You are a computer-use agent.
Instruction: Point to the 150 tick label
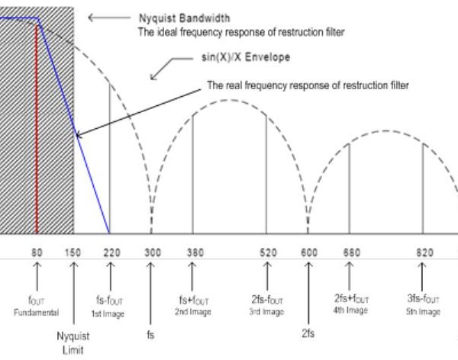tap(73, 252)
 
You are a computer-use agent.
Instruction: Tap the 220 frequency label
tap(110, 252)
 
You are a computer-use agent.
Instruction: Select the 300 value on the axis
tap(152, 252)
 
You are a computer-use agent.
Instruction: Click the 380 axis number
tap(193, 252)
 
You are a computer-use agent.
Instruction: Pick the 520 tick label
tap(267, 252)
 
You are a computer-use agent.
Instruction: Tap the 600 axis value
tap(309, 252)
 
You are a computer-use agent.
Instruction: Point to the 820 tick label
tap(424, 252)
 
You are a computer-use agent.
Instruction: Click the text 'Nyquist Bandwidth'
tap(174, 18)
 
